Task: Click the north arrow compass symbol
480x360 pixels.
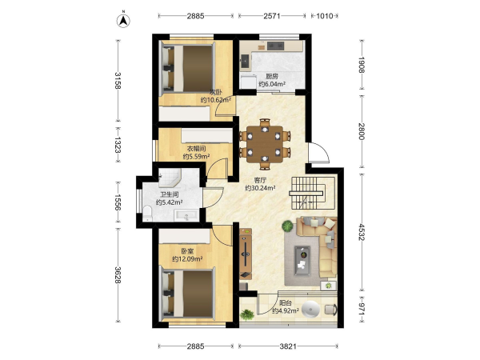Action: tap(123, 20)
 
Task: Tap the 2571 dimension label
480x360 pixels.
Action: tap(272, 16)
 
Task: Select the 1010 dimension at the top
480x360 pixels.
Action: tap(324, 16)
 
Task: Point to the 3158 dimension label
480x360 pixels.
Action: tap(118, 80)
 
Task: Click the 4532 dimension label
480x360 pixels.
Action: tap(362, 232)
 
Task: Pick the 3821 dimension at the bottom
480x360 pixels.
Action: tap(288, 346)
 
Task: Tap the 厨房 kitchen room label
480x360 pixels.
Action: tap(272, 77)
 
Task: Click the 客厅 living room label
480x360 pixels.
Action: tap(259, 181)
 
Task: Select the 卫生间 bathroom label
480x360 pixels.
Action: tap(170, 194)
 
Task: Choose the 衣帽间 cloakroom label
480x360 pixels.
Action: tap(196, 149)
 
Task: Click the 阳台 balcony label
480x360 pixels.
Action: tap(286, 303)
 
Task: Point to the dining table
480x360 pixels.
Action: tap(265, 144)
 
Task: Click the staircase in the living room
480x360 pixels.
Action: tap(306, 193)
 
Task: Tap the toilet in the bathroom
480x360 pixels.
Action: tap(147, 214)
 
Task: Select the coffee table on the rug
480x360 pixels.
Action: tap(302, 261)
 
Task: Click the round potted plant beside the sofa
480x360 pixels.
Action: tap(287, 226)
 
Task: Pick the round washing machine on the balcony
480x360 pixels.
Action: tap(310, 310)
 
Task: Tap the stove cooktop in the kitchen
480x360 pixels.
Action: tap(275, 46)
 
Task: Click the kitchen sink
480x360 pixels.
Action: tap(245, 61)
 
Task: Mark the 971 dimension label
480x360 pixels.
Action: tap(362, 309)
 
